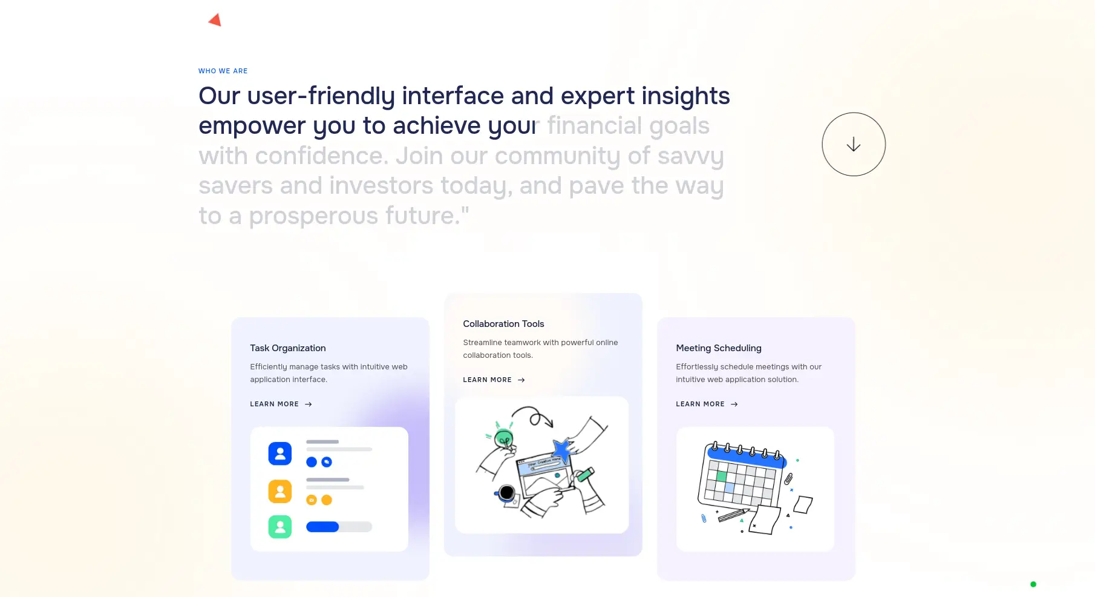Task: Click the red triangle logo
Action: tap(215, 20)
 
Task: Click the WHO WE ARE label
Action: tap(223, 71)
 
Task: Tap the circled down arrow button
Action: tap(854, 144)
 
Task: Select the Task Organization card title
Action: tap(288, 348)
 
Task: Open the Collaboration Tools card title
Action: tap(503, 324)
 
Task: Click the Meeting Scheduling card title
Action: tap(719, 348)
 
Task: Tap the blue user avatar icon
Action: tap(280, 454)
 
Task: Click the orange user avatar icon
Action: tap(280, 491)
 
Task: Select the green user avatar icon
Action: tap(280, 527)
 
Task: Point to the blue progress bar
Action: tap(322, 527)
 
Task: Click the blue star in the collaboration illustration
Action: tap(563, 449)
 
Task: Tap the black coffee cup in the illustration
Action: tap(506, 493)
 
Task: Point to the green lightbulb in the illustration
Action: tap(503, 437)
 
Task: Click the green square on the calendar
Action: tap(721, 477)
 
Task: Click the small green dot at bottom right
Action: tap(1033, 584)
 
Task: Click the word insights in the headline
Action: tap(686, 96)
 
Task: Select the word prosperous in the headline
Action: tap(314, 216)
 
